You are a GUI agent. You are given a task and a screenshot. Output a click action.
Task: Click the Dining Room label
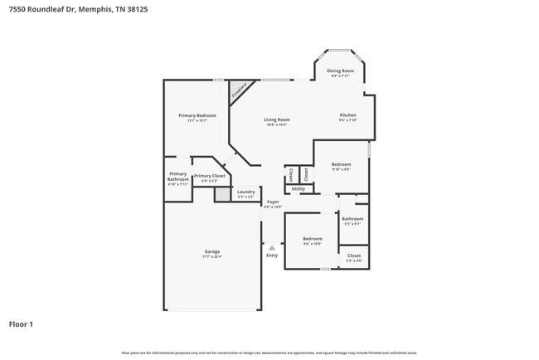click(340, 71)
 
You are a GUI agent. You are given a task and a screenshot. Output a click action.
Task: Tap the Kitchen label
click(348, 114)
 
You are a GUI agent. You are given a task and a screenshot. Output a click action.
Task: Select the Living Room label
click(276, 119)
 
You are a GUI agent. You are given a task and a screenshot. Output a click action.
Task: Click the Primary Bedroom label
click(197, 115)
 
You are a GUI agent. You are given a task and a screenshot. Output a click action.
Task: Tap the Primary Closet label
click(210, 176)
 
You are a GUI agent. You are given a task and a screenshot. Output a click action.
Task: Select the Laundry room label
click(246, 192)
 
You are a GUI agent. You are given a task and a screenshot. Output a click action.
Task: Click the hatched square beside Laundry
click(221, 194)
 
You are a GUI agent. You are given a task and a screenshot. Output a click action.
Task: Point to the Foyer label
click(273, 202)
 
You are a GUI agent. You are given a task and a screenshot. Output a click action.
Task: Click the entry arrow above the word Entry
click(272, 247)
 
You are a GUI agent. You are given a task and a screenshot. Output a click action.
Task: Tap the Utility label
click(299, 189)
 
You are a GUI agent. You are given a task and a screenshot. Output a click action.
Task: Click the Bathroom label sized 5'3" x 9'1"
click(352, 219)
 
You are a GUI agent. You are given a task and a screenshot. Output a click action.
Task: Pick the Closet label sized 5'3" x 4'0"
click(353, 255)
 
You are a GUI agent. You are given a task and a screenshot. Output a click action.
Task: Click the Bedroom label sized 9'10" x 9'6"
click(341, 164)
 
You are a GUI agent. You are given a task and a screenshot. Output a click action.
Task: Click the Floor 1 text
click(21, 324)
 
